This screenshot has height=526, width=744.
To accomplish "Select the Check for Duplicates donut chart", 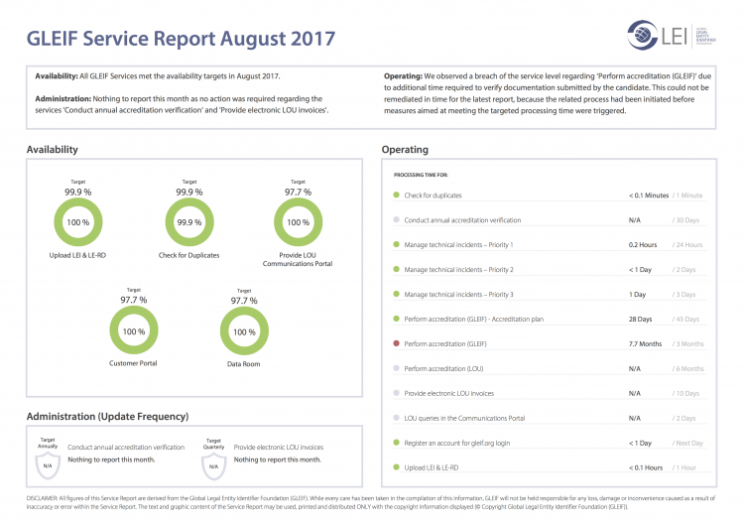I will tap(188, 222).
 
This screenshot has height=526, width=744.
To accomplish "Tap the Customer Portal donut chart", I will tap(133, 331).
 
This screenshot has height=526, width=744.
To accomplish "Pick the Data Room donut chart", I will tap(244, 331).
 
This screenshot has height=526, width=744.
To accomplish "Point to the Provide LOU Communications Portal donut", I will tap(298, 222).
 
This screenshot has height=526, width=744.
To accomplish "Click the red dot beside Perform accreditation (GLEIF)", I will tap(397, 343).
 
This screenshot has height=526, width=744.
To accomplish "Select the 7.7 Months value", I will tap(645, 343).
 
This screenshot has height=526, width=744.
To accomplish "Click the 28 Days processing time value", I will tap(641, 319).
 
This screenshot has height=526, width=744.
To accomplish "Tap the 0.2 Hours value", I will tap(643, 244).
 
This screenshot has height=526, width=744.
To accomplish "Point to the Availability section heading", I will tap(53, 150).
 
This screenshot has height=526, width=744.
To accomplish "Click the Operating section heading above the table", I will tap(405, 150).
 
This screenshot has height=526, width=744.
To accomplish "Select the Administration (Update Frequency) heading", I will tap(107, 416).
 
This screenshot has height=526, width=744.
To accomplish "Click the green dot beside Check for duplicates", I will tap(397, 196).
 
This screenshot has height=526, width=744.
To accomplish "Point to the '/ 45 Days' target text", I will tap(687, 319).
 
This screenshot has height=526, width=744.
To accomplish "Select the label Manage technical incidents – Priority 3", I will tap(459, 294).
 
